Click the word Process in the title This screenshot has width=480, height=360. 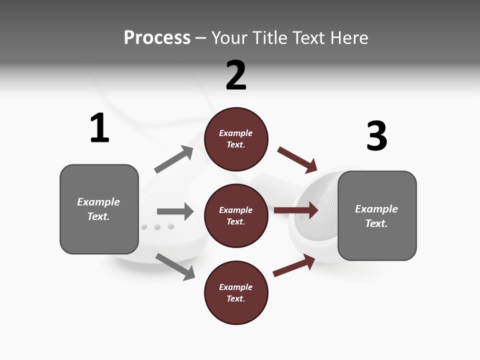pos(157,38)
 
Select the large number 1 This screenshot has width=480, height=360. pos(99,128)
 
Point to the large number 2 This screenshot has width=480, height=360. pos(236,75)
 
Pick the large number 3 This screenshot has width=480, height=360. pos(377,136)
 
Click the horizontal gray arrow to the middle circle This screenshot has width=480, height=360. pos(175,211)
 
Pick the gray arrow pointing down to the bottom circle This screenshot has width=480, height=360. pos(175,266)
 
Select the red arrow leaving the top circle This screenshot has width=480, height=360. pos(297,160)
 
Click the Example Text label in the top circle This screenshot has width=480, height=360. pos(236,139)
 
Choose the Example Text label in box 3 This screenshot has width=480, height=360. pos(376,216)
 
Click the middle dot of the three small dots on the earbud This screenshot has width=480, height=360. pos(157,227)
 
